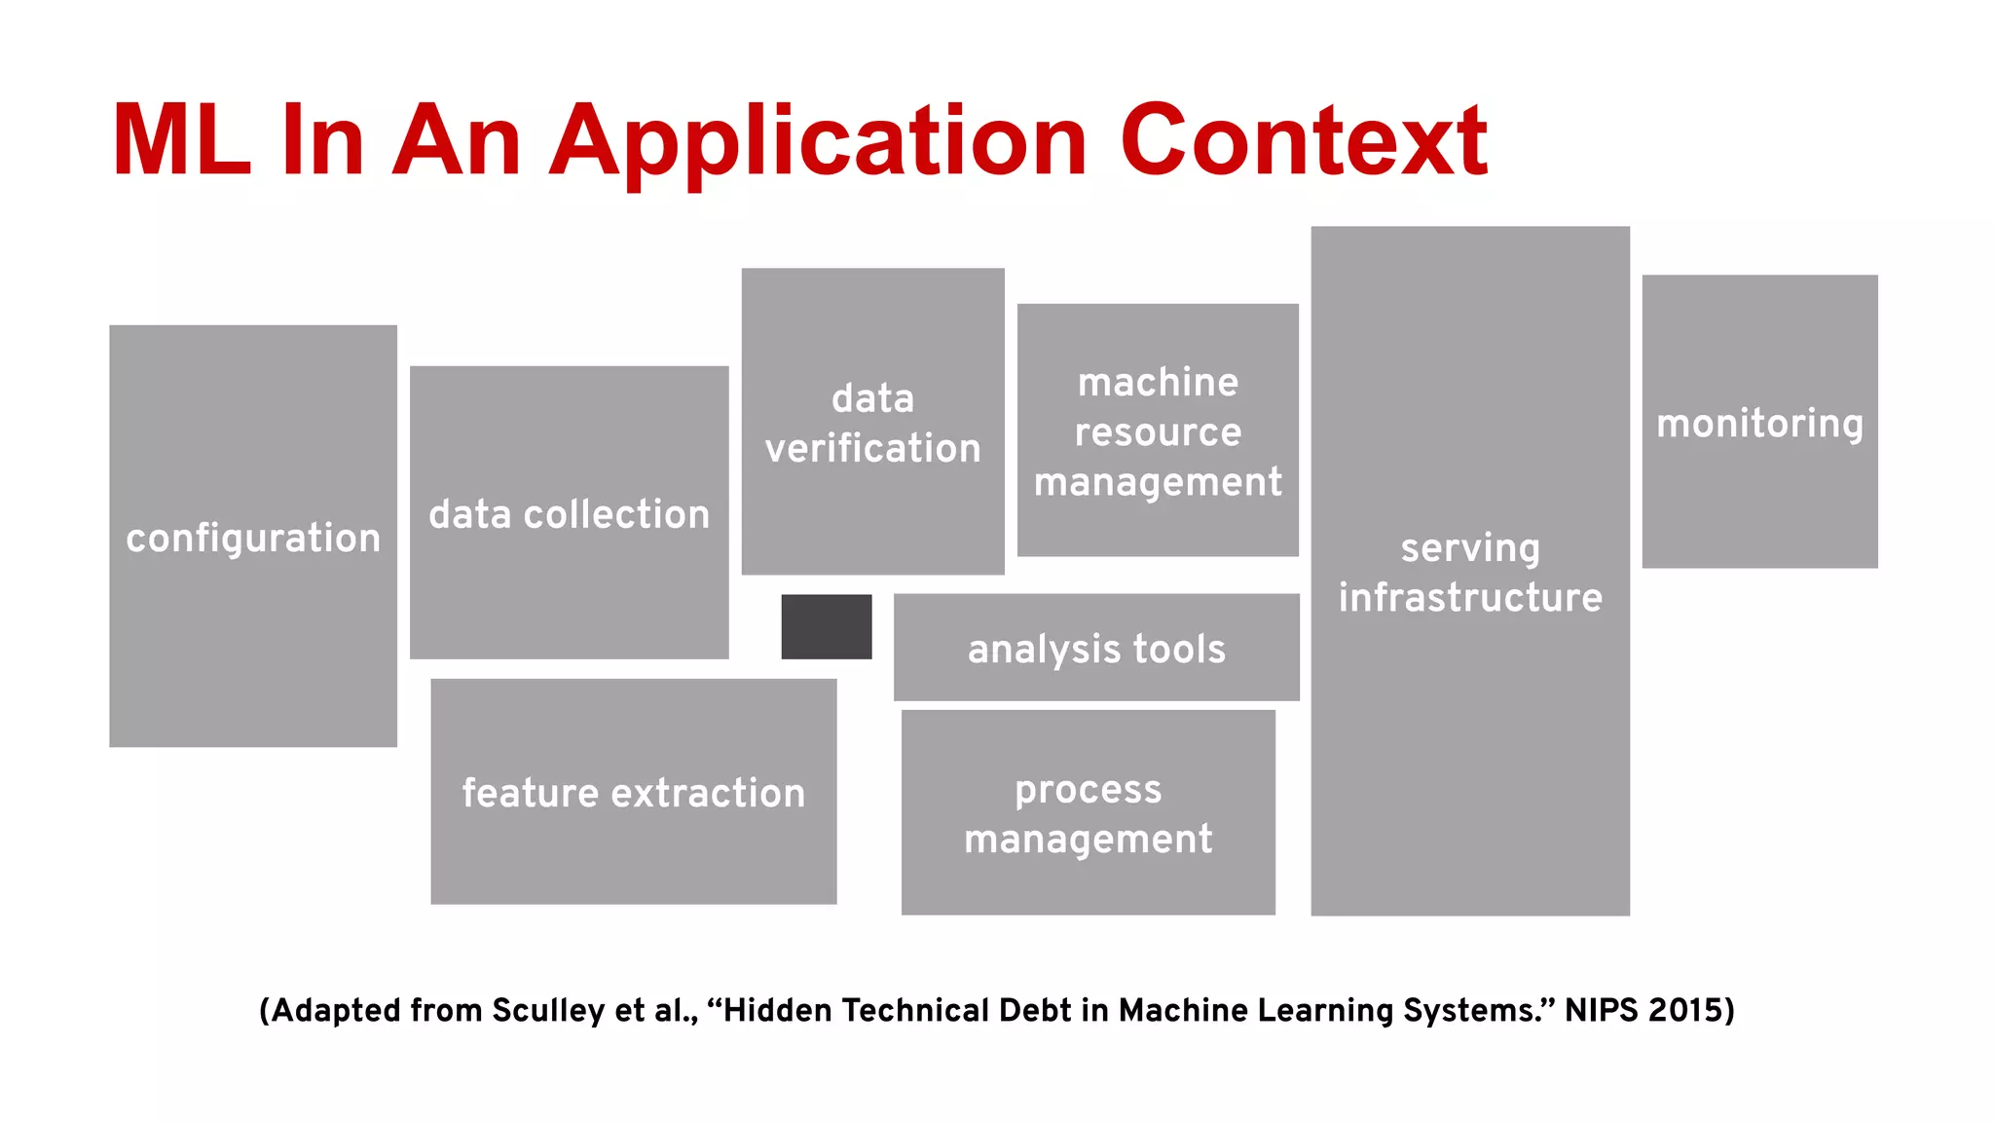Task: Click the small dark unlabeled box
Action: click(826, 626)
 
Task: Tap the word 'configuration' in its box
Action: click(253, 539)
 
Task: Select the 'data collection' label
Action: click(570, 514)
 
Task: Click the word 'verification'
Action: click(872, 448)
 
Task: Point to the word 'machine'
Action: click(1158, 382)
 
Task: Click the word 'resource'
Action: click(1158, 431)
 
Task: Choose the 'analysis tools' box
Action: click(1096, 649)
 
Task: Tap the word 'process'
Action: click(1088, 790)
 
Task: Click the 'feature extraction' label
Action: click(634, 793)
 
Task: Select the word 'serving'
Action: click(1470, 548)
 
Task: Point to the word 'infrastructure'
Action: click(1470, 597)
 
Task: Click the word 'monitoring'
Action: click(1759, 424)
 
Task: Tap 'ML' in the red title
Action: click(181, 141)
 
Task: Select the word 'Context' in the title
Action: click(1304, 141)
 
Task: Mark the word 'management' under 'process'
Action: click(1088, 839)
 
